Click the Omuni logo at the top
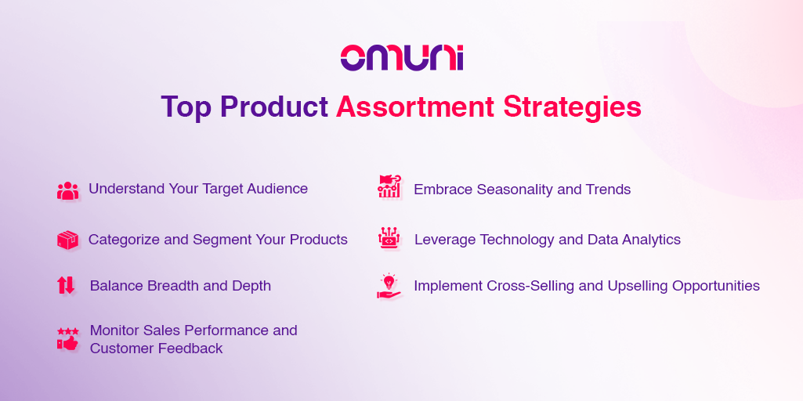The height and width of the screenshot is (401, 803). point(401,58)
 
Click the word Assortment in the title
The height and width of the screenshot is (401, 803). point(415,107)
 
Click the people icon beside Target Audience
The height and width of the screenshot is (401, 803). point(67,190)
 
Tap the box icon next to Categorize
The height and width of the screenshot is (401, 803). point(67,240)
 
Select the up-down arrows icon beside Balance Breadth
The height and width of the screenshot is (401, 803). point(66,285)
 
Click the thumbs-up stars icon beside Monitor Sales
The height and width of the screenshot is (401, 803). point(67,339)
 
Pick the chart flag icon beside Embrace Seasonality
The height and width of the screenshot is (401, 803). point(389,187)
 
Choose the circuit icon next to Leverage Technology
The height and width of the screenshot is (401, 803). point(389,238)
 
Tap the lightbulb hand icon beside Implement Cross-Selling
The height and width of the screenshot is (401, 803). point(389,286)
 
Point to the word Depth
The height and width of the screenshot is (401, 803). point(251,286)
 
